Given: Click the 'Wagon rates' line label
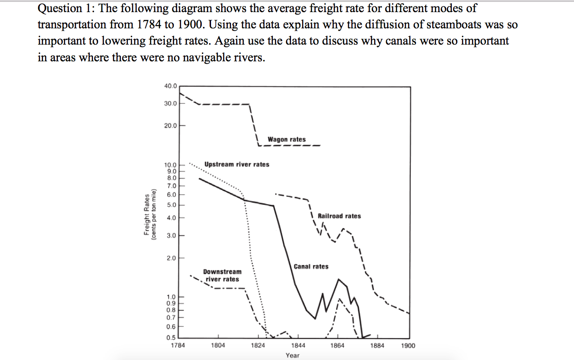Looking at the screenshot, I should click(x=286, y=139).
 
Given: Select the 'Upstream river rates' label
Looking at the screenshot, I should click(x=237, y=164).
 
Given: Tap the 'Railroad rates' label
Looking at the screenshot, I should click(x=339, y=216).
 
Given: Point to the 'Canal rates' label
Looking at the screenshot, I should click(x=311, y=267).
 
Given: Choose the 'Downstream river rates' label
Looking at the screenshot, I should click(x=222, y=275).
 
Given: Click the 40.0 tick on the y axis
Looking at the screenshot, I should click(x=170, y=86).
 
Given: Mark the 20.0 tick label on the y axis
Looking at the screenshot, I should click(x=170, y=125).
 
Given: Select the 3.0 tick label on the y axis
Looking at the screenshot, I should click(x=172, y=236).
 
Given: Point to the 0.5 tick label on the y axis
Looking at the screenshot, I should click(x=172, y=337).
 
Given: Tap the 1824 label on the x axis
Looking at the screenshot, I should click(x=258, y=346).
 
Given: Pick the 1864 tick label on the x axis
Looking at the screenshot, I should click(x=337, y=346).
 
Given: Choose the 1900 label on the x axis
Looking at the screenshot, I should click(x=409, y=346).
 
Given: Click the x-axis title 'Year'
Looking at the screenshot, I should click(x=292, y=355).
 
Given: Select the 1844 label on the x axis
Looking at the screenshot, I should click(x=298, y=346).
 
